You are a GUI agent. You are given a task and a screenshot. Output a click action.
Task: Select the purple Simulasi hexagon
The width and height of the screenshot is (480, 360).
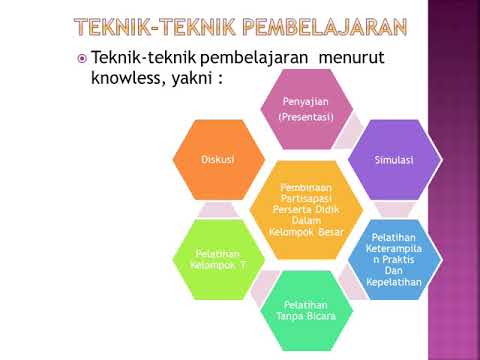(393, 159)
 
